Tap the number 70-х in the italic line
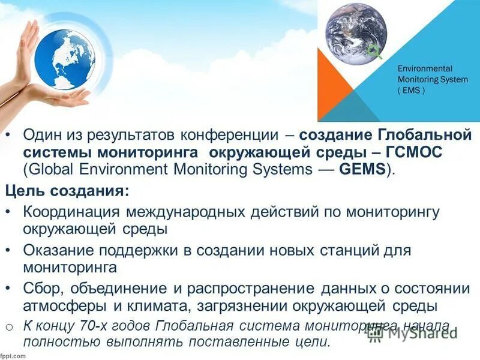(92, 326)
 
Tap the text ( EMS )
(410, 91)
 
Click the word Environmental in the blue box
(425, 69)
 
